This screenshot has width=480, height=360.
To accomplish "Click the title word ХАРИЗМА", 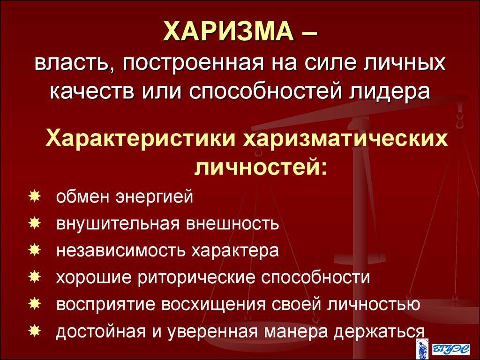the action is point(228,31).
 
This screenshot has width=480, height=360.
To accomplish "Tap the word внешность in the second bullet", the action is point(232,224).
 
